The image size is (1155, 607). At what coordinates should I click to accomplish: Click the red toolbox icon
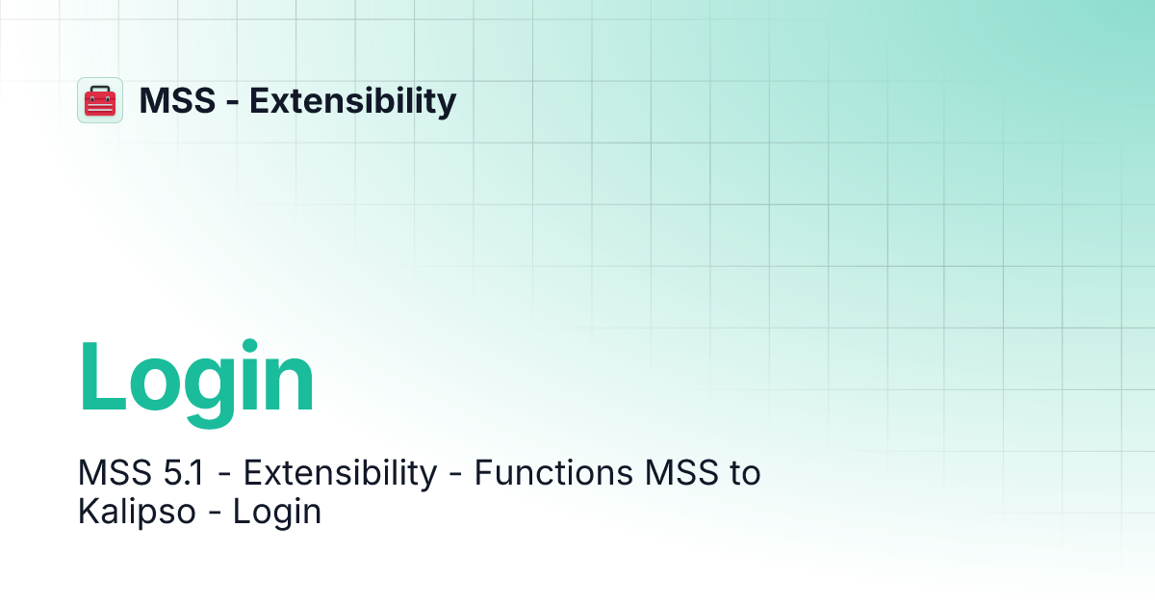click(x=100, y=100)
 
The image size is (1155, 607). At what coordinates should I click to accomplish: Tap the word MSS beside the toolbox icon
click(x=177, y=100)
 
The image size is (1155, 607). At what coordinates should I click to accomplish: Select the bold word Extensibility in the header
click(x=353, y=100)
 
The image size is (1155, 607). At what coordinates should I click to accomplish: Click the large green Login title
click(x=196, y=380)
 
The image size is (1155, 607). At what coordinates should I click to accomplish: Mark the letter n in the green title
click(x=295, y=385)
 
